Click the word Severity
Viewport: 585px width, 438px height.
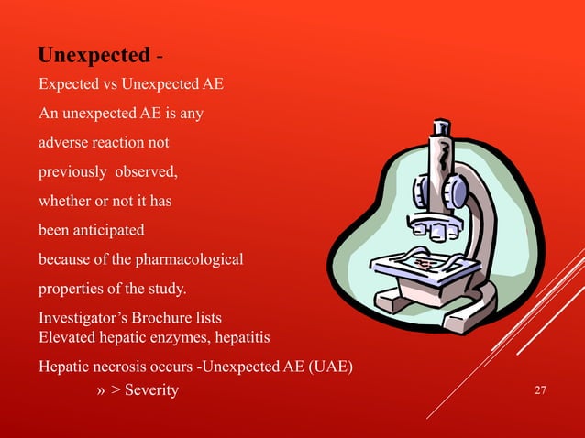(x=152, y=392)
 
